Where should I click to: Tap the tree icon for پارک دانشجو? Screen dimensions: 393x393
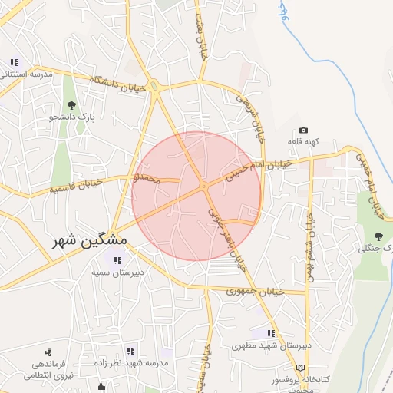(72, 105)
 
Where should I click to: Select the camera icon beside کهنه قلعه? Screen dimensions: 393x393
(303, 130)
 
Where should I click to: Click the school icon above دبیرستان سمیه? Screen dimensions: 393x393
(117, 261)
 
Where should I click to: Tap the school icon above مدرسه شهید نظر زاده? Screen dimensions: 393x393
(129, 351)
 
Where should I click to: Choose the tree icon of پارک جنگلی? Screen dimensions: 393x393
(378, 236)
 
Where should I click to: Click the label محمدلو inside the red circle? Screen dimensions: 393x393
(147, 179)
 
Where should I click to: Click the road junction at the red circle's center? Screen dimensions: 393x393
(204, 187)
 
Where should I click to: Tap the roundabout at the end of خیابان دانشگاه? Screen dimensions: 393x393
(157, 86)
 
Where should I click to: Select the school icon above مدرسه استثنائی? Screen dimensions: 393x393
(13, 63)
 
